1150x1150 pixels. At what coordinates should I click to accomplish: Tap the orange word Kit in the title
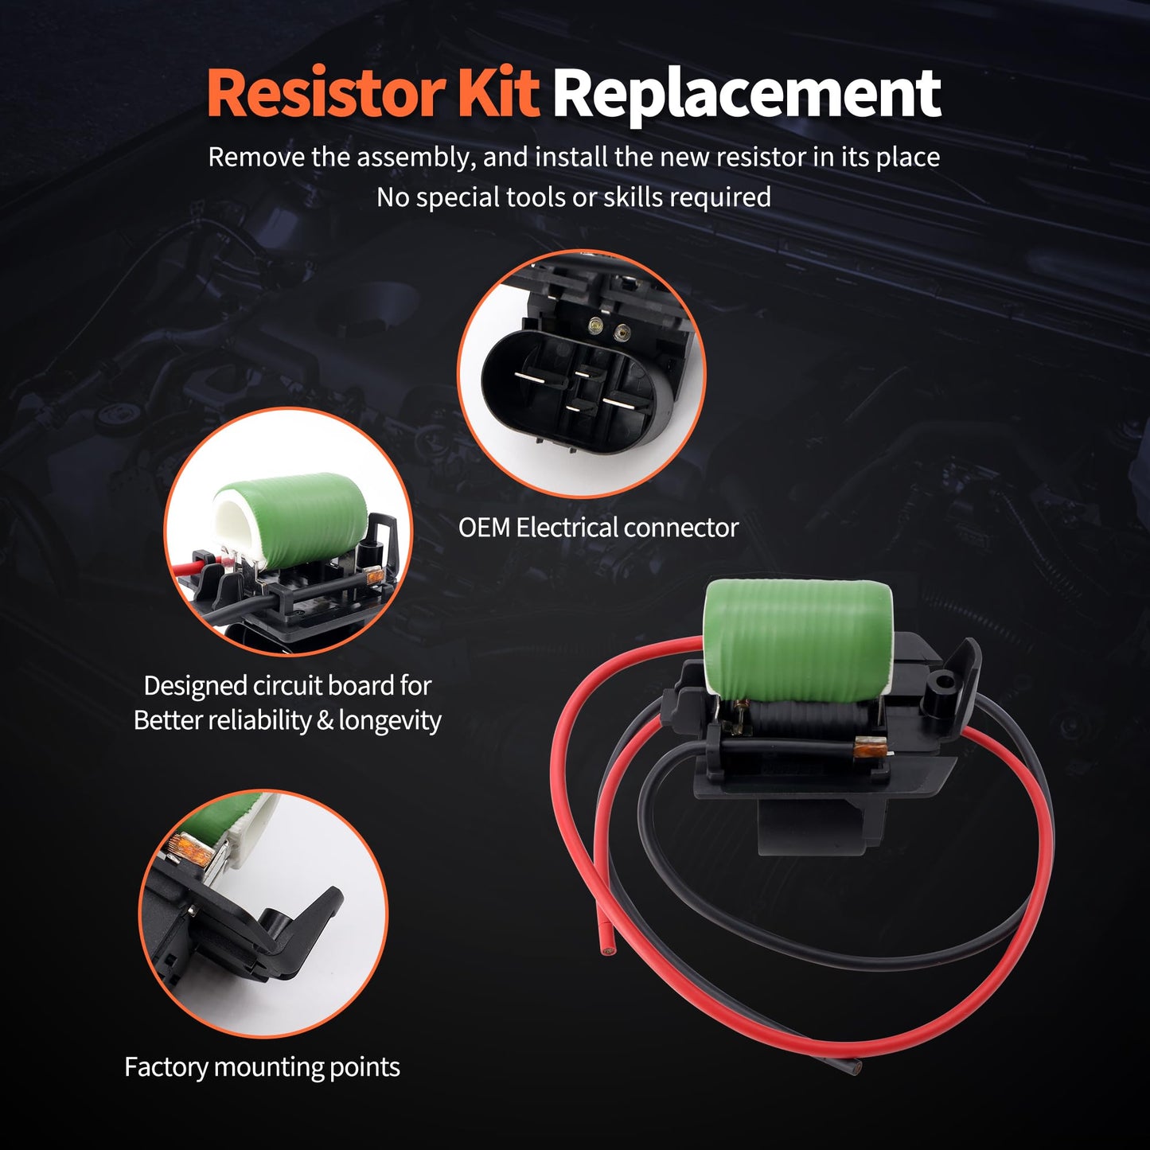tap(499, 94)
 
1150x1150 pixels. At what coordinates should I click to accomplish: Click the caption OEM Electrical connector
tap(598, 528)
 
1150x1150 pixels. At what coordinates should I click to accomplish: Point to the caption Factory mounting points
tap(262, 1067)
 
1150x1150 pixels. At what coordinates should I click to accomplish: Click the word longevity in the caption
tap(390, 720)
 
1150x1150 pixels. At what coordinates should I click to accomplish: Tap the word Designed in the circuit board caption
tap(195, 685)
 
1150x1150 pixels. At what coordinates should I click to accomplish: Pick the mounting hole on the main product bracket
tap(944, 681)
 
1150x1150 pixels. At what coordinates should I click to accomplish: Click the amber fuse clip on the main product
tap(865, 748)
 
